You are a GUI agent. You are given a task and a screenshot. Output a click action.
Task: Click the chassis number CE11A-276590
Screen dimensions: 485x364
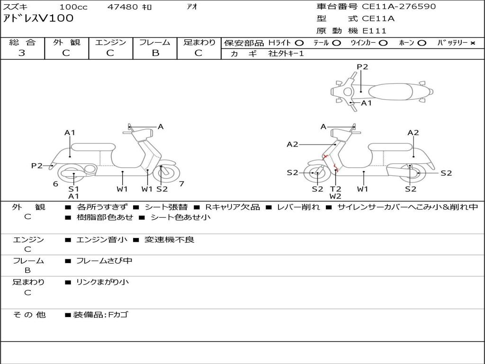click(x=399, y=7)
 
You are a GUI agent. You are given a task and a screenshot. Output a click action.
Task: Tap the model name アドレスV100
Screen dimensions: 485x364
click(x=38, y=18)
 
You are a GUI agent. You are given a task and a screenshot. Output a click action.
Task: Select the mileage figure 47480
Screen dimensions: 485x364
click(x=123, y=7)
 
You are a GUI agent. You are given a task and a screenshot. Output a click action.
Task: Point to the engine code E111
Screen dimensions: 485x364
click(x=375, y=31)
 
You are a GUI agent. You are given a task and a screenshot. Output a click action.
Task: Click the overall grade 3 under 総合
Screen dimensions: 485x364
click(x=22, y=53)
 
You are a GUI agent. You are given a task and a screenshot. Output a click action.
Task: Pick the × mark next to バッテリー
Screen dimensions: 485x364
click(x=473, y=43)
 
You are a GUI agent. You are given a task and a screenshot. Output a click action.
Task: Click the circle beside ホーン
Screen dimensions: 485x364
click(x=422, y=43)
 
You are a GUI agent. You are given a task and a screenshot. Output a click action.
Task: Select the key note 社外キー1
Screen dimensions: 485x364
click(x=286, y=54)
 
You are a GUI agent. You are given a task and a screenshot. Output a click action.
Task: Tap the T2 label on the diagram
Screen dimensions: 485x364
click(x=336, y=189)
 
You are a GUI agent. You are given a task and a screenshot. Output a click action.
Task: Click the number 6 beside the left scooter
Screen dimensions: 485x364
click(x=55, y=184)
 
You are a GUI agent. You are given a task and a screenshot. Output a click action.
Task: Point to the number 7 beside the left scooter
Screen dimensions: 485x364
click(x=181, y=183)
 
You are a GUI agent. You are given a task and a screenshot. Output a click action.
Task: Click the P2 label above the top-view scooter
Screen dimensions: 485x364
click(x=362, y=67)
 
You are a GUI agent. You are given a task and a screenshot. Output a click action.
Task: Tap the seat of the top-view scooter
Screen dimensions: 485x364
click(x=390, y=92)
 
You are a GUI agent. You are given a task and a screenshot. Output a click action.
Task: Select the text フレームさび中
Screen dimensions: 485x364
click(x=104, y=261)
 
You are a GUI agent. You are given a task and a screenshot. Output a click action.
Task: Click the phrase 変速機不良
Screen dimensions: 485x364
click(x=169, y=239)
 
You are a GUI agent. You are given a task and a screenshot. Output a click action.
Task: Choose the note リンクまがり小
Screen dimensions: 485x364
click(x=102, y=282)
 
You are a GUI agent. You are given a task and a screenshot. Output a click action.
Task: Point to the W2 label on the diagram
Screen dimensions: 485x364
click(x=336, y=196)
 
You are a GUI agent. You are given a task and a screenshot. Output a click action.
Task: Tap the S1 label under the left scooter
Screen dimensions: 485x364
click(x=73, y=189)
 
